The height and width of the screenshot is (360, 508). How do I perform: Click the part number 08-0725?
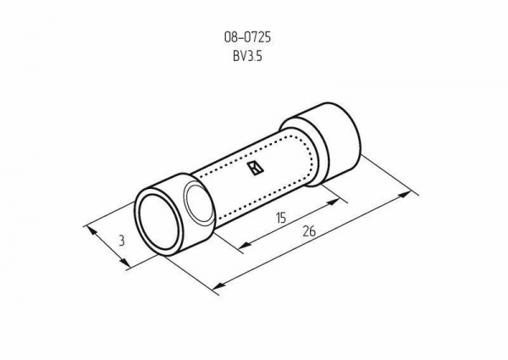click(247, 37)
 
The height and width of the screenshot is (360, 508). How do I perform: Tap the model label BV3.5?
click(247, 57)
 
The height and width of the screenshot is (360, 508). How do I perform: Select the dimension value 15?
click(281, 218)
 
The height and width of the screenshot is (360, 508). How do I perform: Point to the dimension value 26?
click(309, 231)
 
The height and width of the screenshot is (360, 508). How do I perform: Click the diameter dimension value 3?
click(121, 241)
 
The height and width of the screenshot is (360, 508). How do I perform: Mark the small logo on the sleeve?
click(256, 169)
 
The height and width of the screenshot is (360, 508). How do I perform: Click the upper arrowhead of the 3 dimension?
click(92, 230)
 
